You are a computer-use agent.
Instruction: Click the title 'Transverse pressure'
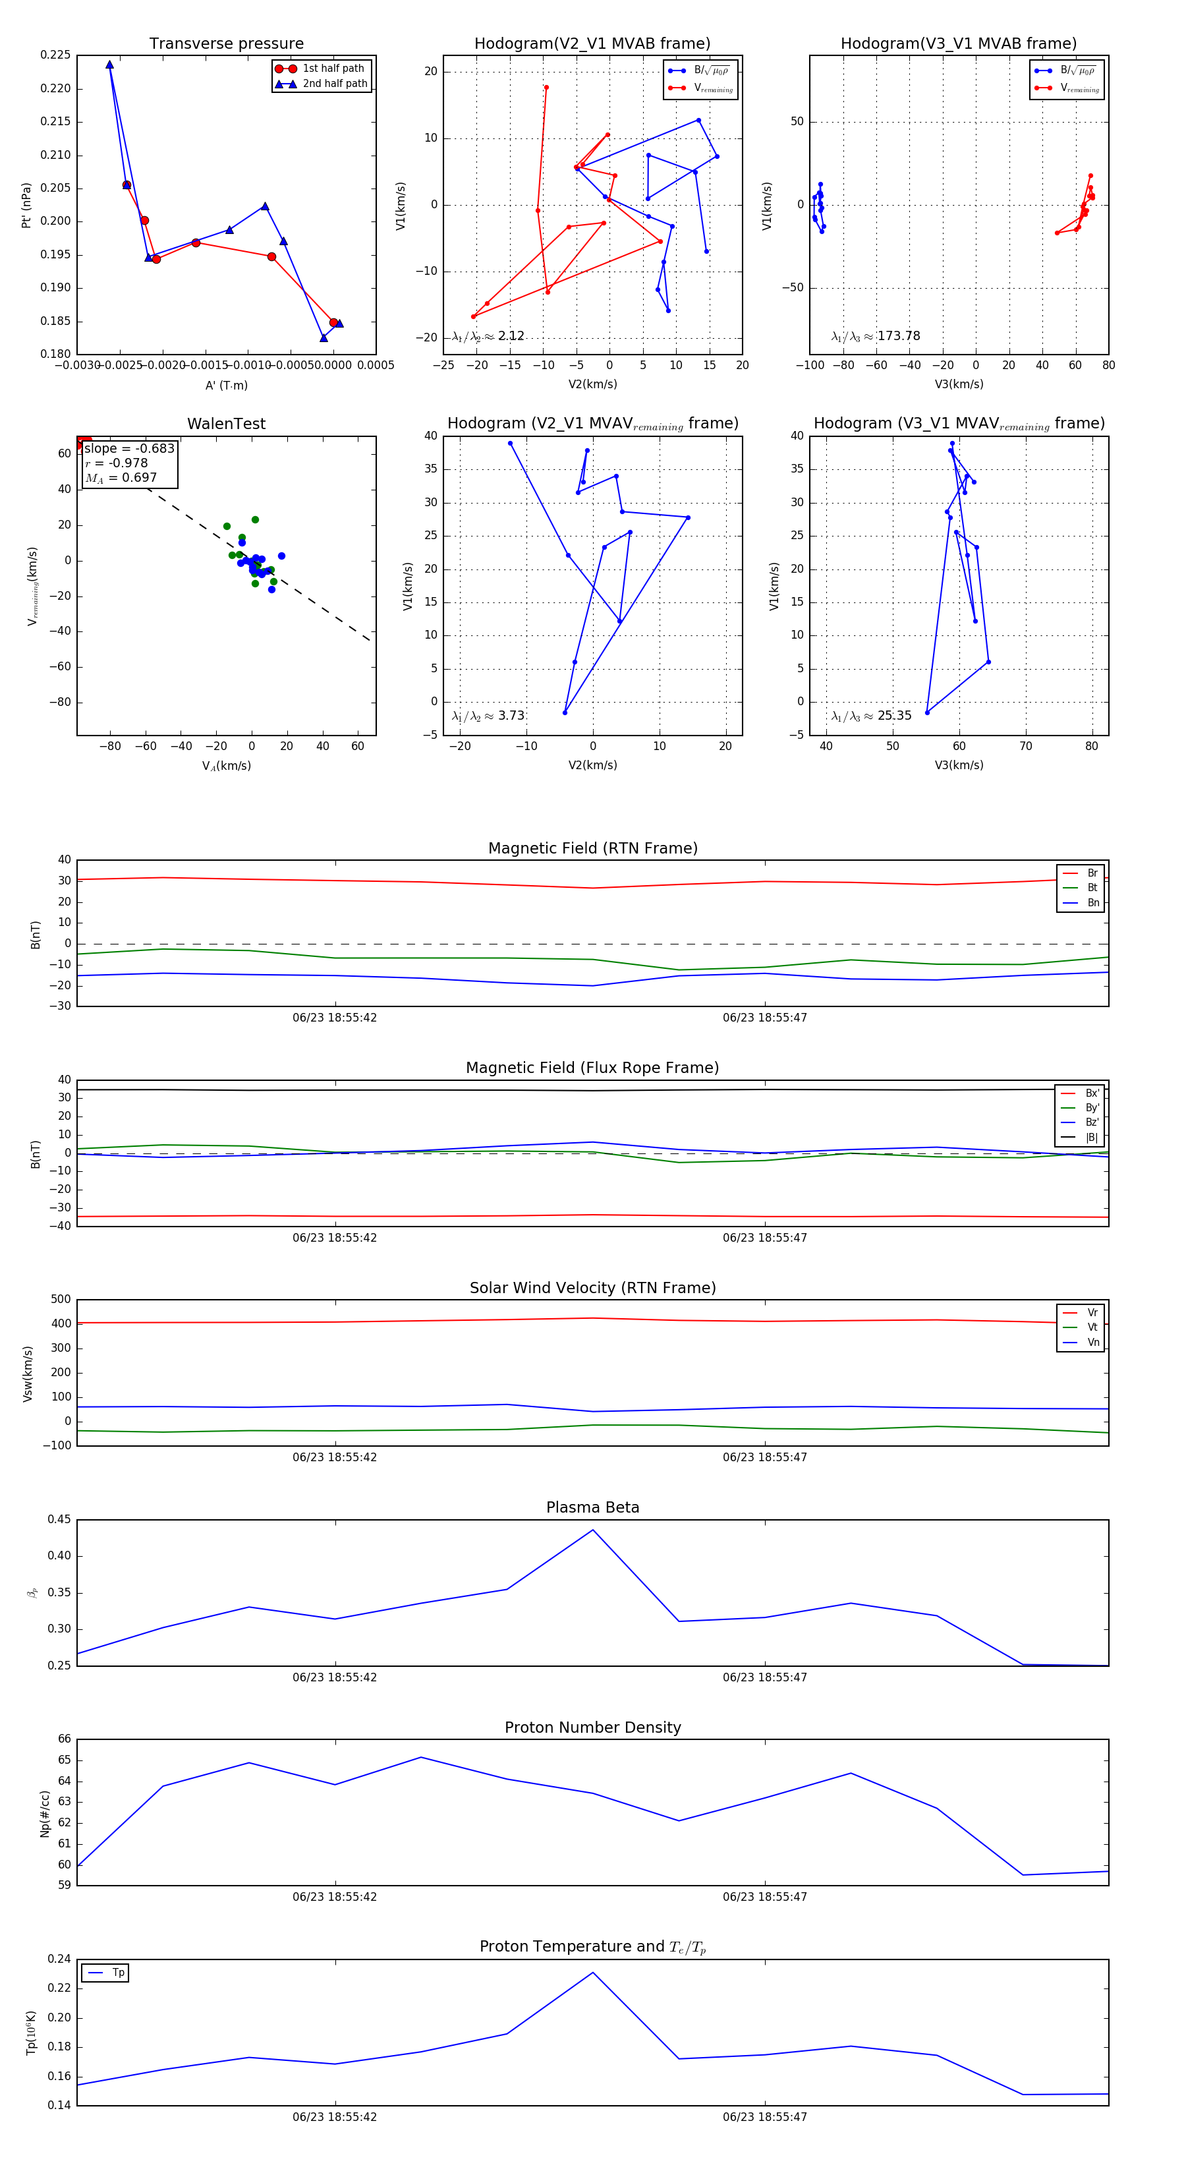[226, 44]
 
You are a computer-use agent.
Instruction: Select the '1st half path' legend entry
[333, 69]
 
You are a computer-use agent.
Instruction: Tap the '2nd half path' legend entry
[334, 84]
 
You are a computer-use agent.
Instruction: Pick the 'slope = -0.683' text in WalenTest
[129, 448]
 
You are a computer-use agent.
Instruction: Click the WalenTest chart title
[226, 424]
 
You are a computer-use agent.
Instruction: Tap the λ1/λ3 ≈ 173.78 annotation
[876, 336]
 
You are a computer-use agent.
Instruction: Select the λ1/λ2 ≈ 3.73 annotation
[488, 716]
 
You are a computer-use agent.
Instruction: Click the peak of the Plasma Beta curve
[592, 1530]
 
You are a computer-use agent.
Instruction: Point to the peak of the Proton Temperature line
[592, 1973]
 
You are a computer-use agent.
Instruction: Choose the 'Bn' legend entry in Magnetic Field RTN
[1092, 902]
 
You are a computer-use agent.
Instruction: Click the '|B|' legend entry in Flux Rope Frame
[1092, 1138]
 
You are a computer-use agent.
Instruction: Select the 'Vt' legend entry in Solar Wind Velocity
[1092, 1327]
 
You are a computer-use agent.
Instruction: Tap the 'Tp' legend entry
[117, 1973]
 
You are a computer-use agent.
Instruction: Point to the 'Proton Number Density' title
[592, 1727]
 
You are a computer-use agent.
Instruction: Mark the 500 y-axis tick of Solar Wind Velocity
[61, 1300]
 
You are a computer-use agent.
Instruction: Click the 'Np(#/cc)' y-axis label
[45, 1814]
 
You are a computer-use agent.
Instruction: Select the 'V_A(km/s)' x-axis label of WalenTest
[226, 766]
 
